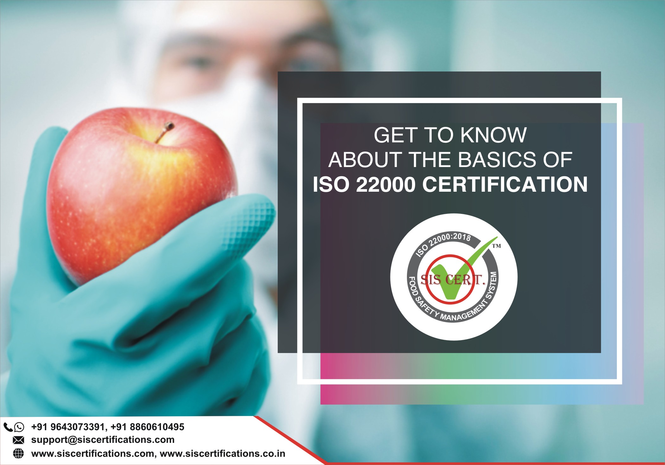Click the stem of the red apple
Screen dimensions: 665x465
pyautogui.click(x=164, y=132)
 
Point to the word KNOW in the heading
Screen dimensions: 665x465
pyautogui.click(x=493, y=135)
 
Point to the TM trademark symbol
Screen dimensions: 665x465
pyautogui.click(x=496, y=246)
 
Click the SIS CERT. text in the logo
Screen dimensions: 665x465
pyautogui.click(x=453, y=280)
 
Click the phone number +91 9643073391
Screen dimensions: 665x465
pyautogui.click(x=68, y=427)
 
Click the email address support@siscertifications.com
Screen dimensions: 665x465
pyautogui.click(x=103, y=440)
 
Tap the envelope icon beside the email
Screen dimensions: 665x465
pyautogui.click(x=18, y=440)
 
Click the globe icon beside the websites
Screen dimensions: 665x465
pyautogui.click(x=18, y=453)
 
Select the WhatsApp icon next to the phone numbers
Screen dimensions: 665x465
pyautogui.click(x=19, y=427)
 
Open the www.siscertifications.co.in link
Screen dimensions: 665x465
pyautogui.click(x=223, y=453)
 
